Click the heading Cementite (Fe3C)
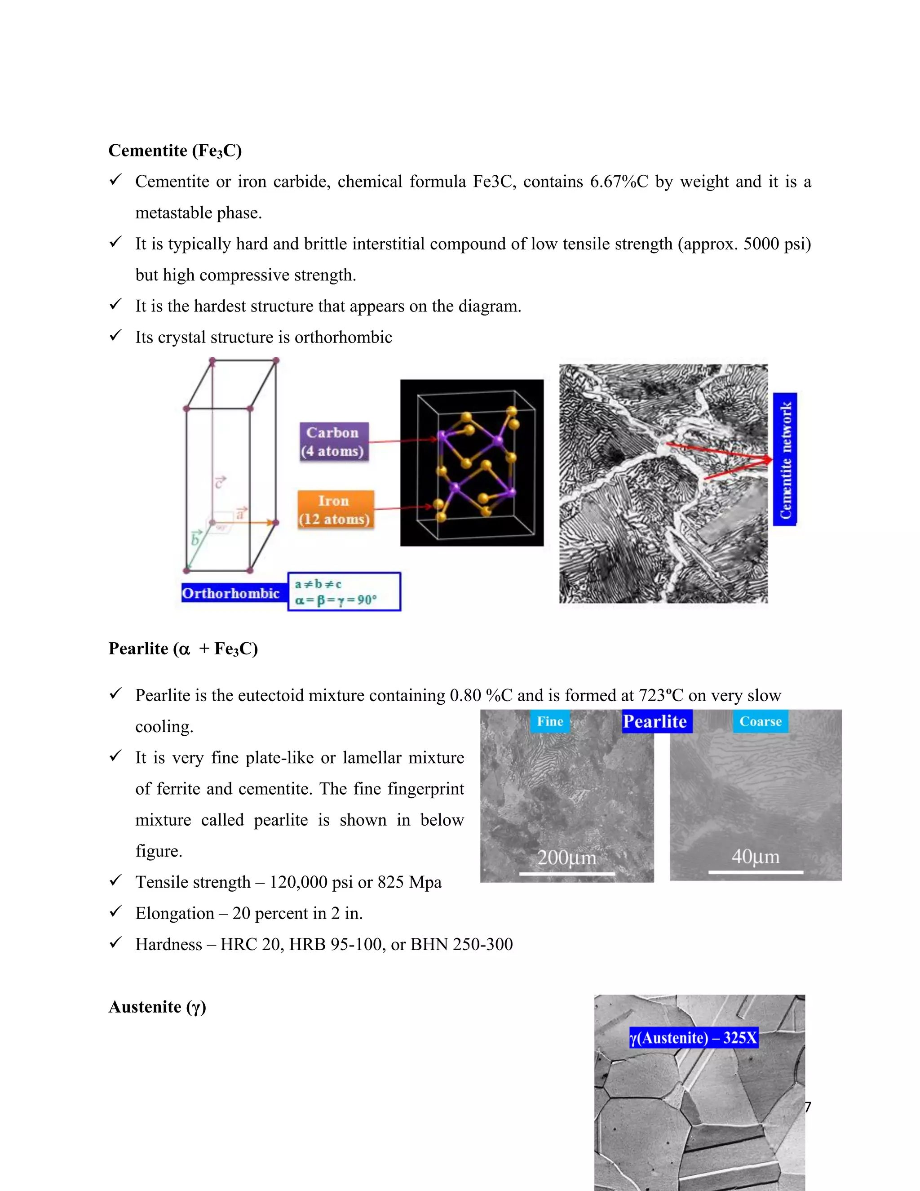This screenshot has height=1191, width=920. pyautogui.click(x=175, y=151)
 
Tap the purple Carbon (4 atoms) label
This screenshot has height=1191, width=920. pyautogui.click(x=334, y=442)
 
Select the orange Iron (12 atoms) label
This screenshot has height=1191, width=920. pyautogui.click(x=335, y=510)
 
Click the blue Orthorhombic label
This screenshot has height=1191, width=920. pyautogui.click(x=231, y=593)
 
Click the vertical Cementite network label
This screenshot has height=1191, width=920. pyautogui.click(x=785, y=459)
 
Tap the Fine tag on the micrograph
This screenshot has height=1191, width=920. pyautogui.click(x=550, y=721)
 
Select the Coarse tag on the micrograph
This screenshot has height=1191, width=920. pyautogui.click(x=761, y=721)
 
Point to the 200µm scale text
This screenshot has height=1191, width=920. pyautogui.click(x=567, y=858)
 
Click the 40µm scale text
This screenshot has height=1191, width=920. pyautogui.click(x=756, y=857)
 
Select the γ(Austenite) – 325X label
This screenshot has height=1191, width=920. pyautogui.click(x=693, y=1037)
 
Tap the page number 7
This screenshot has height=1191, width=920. pyautogui.click(x=808, y=1107)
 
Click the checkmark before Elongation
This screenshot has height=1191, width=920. pyautogui.click(x=115, y=911)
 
